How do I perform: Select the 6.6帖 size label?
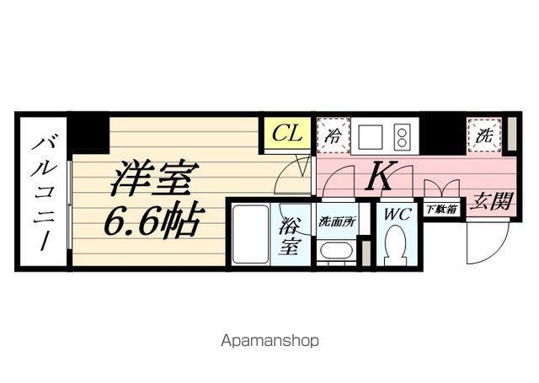coord(152,221)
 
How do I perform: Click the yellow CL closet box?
coord(288,133)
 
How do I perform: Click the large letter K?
coord(380,176)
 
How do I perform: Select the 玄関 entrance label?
coord(492,200)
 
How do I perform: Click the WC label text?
coord(397,214)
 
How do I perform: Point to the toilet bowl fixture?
coord(395,248)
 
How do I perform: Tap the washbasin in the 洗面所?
coord(336,252)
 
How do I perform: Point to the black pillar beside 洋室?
coord(88,132)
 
